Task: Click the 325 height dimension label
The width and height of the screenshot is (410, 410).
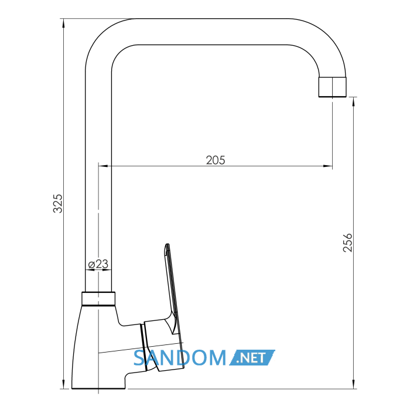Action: tap(58, 203)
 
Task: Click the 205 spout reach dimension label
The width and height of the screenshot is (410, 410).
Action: tap(216, 160)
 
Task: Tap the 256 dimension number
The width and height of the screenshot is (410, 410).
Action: tap(347, 242)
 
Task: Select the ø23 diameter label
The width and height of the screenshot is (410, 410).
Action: tap(98, 264)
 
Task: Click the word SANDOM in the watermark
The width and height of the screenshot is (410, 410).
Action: tap(180, 358)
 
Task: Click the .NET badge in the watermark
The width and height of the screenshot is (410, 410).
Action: tap(252, 357)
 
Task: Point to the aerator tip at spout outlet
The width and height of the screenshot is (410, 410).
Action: tap(332, 87)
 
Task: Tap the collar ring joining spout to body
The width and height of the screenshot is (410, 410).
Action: tap(98, 299)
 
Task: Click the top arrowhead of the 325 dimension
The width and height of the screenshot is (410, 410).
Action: tap(63, 23)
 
